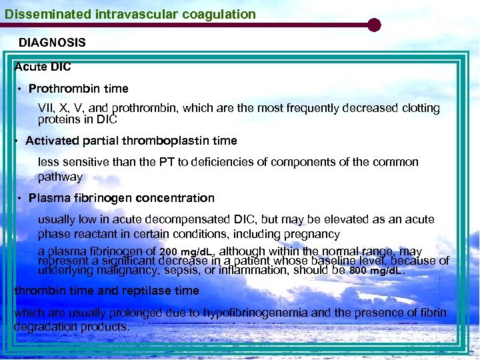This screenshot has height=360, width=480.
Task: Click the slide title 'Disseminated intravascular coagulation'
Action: [x=130, y=14]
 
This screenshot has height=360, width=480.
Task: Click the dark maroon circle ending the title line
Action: [x=374, y=25]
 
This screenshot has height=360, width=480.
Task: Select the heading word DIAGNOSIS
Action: [x=52, y=43]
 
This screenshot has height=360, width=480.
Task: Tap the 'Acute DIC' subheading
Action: [x=43, y=67]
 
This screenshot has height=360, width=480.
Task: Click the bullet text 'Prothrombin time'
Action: [x=79, y=89]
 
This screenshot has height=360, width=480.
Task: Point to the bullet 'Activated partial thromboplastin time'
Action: [x=131, y=141]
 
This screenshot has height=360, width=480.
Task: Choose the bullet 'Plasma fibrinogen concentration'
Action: [x=121, y=198]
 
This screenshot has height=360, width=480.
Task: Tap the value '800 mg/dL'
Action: [x=377, y=271]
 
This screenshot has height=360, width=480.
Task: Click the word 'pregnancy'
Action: [x=313, y=234]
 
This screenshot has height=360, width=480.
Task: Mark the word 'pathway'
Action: [x=60, y=177]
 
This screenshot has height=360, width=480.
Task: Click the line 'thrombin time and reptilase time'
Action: [x=107, y=291]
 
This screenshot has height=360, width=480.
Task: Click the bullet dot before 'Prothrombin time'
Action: [x=21, y=89]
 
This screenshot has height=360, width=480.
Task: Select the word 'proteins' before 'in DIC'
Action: [x=59, y=119]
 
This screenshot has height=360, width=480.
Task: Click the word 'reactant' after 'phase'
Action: [x=95, y=234]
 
